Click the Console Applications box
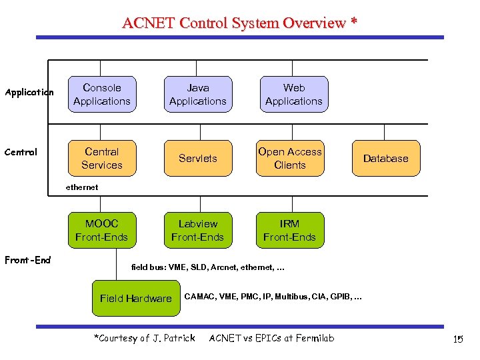pos(102,94)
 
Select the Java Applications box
pos(198,94)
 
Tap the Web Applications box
pos(294,94)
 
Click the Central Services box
pos(102,158)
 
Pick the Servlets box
pos(198,158)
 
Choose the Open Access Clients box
pos(290,158)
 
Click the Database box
pos(386,158)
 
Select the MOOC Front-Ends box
pos(102,230)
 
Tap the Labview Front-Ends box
pos(198,230)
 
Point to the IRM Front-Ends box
pos(290,230)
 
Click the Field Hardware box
pos(136,298)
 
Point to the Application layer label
pos(29,93)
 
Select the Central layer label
pos(21,152)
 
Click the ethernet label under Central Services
pos(81,187)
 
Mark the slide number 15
pos(457,340)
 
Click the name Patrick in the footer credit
pos(177,338)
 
